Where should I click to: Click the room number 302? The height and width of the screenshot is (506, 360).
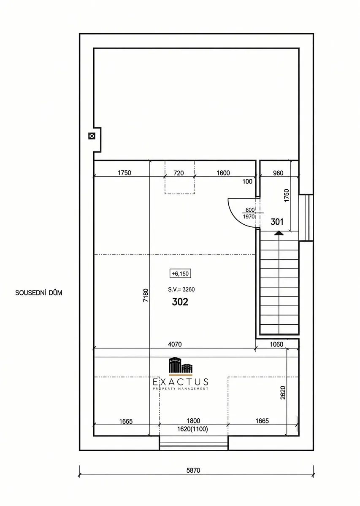coord(180,302)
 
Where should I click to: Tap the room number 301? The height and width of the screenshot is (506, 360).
coord(277,222)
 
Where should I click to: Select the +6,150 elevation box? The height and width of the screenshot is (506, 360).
coord(180,274)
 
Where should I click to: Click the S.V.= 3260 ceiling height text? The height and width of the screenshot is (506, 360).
coord(181,289)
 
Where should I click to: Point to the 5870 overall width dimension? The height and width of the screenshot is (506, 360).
coord(193,470)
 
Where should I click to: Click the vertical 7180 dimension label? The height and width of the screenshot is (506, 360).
coord(146,295)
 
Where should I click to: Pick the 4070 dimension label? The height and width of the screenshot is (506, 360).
coord(175,344)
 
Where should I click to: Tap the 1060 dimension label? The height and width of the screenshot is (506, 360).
coord(276,344)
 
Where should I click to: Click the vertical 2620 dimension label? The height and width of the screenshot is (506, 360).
coord(283,393)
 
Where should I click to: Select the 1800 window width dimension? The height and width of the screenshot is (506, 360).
coord(194,421)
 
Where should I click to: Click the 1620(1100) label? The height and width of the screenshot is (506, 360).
coord(192,429)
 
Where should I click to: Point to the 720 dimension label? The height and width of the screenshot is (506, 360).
coord(179,173)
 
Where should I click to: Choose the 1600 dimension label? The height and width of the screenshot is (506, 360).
coord(223,173)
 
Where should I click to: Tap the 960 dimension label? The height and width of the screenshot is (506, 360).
coord(278,173)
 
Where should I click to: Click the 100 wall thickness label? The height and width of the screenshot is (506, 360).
coord(247,181)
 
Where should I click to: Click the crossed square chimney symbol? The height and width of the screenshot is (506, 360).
coord(92,136)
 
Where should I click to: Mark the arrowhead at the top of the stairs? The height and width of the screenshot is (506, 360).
coord(279,233)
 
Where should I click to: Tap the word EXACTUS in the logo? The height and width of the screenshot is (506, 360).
coord(181,382)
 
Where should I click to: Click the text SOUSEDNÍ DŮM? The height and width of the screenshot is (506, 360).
coord(39,293)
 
